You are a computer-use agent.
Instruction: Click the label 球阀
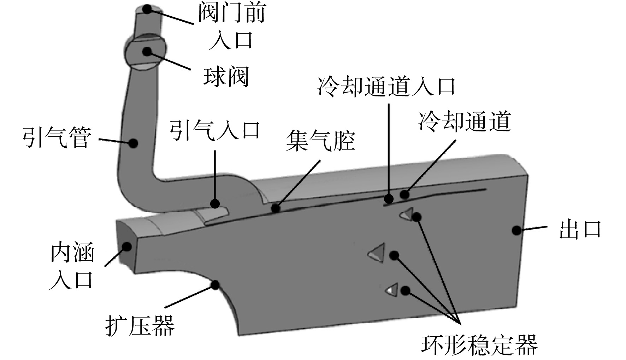click(x=226, y=76)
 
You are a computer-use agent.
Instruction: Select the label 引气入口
click(x=215, y=130)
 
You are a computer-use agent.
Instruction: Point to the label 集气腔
click(x=320, y=140)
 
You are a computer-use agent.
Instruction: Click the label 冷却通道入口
click(x=386, y=86)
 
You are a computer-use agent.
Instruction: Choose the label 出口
click(x=580, y=229)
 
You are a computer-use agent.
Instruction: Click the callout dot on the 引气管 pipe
click(x=133, y=143)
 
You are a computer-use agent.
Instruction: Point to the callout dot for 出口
click(x=516, y=230)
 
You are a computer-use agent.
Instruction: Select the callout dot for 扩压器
click(x=215, y=285)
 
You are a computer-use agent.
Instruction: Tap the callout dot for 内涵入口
click(x=127, y=246)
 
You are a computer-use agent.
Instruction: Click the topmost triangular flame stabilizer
click(x=407, y=214)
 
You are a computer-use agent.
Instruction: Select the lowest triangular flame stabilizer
click(x=393, y=290)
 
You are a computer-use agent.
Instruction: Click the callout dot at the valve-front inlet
click(x=146, y=10)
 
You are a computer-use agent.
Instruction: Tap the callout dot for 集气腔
click(x=276, y=209)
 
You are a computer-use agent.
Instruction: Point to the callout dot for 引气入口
click(x=215, y=203)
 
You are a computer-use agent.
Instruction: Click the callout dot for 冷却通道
click(x=404, y=194)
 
